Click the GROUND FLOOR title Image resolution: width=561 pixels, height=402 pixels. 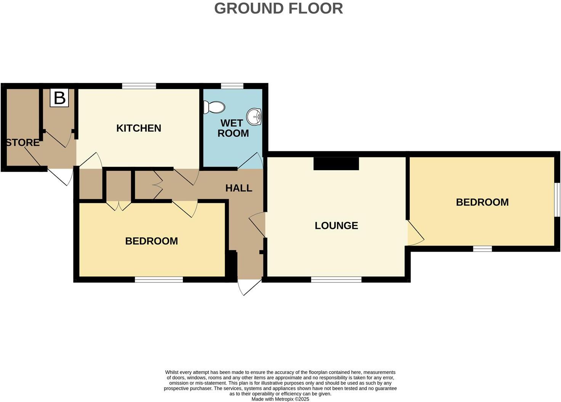pos(278,8)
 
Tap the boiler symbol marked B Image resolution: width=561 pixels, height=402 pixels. pos(59,98)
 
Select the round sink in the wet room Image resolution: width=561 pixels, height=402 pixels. pos(254,116)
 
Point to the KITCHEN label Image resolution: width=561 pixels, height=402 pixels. pos(138,128)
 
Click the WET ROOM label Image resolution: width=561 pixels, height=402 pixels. pos(233,128)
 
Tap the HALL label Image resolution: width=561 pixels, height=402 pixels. pos(239,188)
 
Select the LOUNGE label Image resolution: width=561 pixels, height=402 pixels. pos(336,226)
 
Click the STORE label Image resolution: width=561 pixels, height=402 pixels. pos(23,143)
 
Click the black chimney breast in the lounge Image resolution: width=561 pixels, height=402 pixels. pos(336,164)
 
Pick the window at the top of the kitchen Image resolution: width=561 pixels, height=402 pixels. pos(139,86)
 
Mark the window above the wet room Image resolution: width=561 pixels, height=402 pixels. pos(232,86)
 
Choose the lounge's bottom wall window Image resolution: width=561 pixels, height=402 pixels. pos(336,279)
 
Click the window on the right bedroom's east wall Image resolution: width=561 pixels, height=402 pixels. pos(557,199)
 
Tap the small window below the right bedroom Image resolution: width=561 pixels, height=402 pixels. pos(482,249)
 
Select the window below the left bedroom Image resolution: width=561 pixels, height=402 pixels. pos(159,279)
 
